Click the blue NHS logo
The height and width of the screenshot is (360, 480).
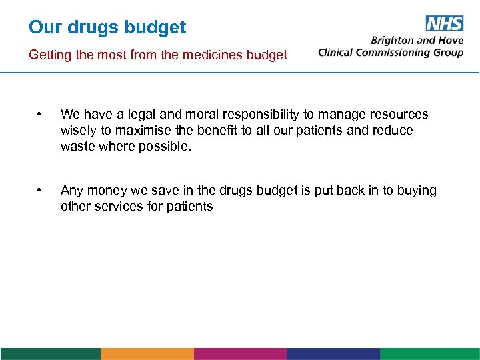coord(443,24)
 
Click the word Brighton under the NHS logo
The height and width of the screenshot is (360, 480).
coord(393,40)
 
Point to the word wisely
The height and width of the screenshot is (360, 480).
coord(78,131)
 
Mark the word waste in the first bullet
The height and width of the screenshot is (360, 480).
coord(77,147)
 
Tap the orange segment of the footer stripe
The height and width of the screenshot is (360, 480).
coord(147,353)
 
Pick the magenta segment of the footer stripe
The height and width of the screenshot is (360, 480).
coord(240,353)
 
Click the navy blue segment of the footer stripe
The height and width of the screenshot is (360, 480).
coord(333,353)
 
